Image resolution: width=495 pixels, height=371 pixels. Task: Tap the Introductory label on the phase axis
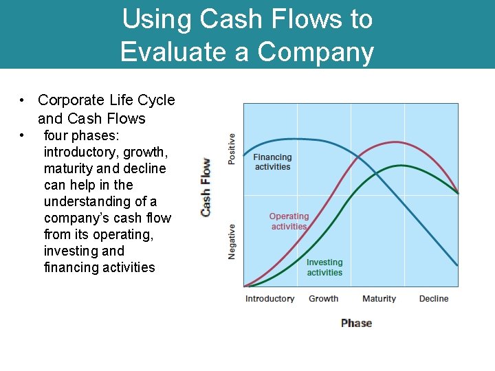click(x=269, y=299)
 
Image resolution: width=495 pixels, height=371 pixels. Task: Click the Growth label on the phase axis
click(x=323, y=299)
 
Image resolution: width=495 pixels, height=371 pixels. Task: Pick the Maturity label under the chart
click(x=379, y=299)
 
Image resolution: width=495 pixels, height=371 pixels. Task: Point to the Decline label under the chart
click(x=433, y=299)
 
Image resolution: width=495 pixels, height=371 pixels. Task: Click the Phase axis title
click(x=356, y=323)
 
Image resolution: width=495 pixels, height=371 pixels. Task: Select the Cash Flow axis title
click(x=206, y=188)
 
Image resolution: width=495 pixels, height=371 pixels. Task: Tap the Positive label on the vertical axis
click(x=232, y=148)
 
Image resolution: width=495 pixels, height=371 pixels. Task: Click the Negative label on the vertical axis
click(x=232, y=241)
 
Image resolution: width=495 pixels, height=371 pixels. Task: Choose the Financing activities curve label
click(x=272, y=162)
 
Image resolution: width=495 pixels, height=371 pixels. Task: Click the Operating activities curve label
click(x=289, y=221)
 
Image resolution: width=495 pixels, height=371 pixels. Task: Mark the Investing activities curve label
click(x=324, y=267)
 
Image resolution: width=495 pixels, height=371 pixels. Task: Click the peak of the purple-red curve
click(x=395, y=142)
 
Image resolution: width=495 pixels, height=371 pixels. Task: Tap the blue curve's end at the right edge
click(x=457, y=265)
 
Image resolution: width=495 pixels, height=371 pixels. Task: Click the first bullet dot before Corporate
click(x=23, y=100)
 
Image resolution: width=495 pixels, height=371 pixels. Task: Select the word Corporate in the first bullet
click(x=71, y=100)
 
